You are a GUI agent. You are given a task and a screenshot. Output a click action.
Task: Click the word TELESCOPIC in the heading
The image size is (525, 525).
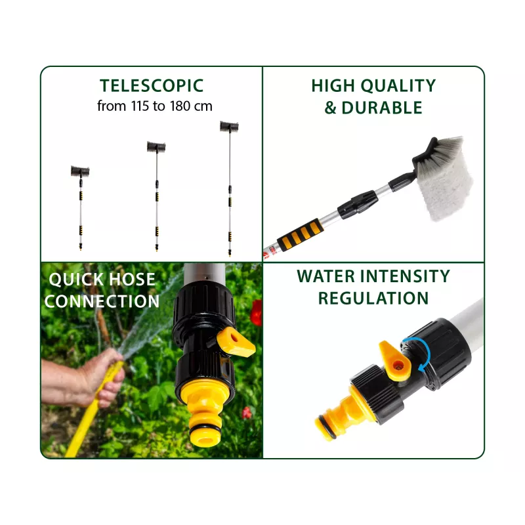pyautogui.click(x=152, y=86)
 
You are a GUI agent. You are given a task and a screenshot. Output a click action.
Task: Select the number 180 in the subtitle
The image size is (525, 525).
pyautogui.click(x=180, y=106)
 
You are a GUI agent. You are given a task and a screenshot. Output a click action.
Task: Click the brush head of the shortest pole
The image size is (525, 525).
pyautogui.click(x=80, y=171)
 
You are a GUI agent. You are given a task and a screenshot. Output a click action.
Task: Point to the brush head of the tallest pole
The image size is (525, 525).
pyautogui.click(x=229, y=126)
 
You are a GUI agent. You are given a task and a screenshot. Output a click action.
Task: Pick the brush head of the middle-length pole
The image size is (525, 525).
pyautogui.click(x=156, y=147)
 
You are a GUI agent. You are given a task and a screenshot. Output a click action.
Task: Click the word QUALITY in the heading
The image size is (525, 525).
pyautogui.click(x=398, y=86)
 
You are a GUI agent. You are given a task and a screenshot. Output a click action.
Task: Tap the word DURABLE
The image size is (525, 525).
pyautogui.click(x=382, y=108)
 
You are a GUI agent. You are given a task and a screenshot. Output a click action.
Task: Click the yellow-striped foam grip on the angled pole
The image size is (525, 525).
pyautogui.click(x=301, y=234)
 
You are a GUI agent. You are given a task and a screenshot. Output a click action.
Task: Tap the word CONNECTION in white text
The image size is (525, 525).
pyautogui.click(x=102, y=301)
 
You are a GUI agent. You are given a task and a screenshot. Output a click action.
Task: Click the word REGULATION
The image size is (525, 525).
pyautogui.click(x=373, y=299)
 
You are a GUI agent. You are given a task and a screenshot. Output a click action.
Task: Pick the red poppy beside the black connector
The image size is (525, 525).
pyautogui.click(x=257, y=313)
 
